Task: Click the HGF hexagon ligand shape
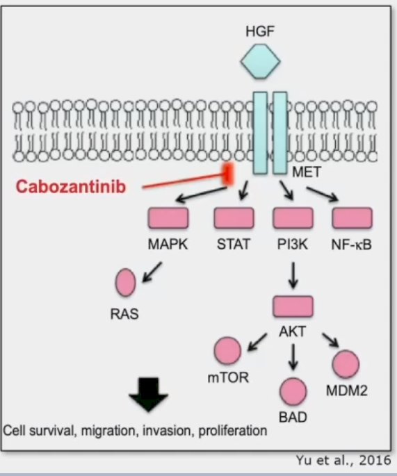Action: point(260,62)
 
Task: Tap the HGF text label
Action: point(260,31)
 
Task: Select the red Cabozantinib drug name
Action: point(70,186)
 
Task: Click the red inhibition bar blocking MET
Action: point(228,174)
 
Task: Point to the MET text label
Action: point(306,172)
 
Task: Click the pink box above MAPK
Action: point(168,218)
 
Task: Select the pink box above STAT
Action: point(234,218)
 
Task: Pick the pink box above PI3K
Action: point(293,218)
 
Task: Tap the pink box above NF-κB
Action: point(353,218)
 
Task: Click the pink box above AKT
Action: point(293,306)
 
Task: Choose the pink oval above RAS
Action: point(125,282)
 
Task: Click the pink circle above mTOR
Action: point(227,350)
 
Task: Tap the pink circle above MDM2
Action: point(346,364)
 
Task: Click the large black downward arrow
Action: point(148,395)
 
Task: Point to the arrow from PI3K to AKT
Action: point(293,275)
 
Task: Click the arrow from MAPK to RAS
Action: point(152,272)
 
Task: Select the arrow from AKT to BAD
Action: point(293,356)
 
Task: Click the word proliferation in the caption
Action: point(233,431)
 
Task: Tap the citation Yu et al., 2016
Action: point(343,460)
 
